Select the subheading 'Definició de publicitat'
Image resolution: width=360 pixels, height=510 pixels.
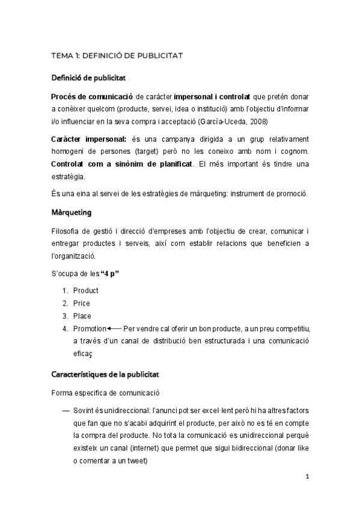pos(88,78)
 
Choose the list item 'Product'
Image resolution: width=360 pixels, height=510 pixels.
pos(85,290)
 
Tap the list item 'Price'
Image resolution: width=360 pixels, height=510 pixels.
pos(81,303)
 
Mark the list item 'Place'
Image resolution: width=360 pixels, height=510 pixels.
pos(82,316)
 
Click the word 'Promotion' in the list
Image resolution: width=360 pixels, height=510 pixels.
pos(89,328)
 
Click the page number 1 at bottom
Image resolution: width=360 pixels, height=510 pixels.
pos(307,477)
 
